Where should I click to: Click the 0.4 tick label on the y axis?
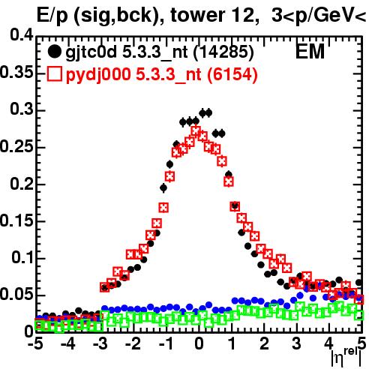coord(22,35)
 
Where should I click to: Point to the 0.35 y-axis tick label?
coord(16,73)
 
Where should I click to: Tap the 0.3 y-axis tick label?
coord(22,109)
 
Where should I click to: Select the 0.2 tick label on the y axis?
coord(22,183)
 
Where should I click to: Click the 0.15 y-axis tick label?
coord(16,220)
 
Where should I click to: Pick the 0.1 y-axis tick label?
coord(22,257)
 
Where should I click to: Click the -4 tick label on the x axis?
coord(68,343)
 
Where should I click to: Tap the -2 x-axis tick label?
coord(133,343)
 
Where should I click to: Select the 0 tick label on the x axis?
coord(199,343)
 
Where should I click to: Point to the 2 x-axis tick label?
coord(264,343)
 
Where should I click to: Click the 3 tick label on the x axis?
coord(297,343)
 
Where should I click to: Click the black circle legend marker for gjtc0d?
coord(54,52)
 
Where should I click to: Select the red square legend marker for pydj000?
coord(54,74)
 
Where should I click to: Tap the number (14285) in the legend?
coord(223,52)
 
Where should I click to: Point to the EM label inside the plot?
coord(310,52)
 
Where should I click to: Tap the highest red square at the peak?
coord(196,130)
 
